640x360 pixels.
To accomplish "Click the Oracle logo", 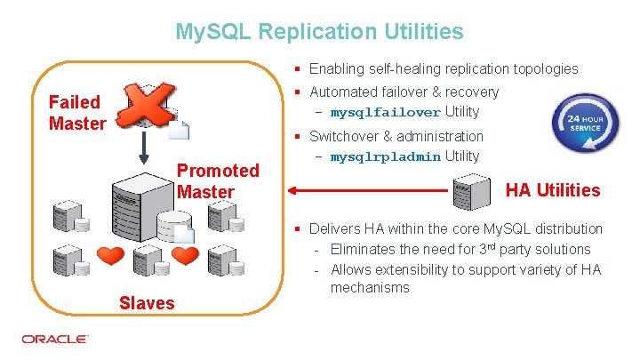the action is coord(55,340).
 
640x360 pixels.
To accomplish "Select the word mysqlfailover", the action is coord(385,113).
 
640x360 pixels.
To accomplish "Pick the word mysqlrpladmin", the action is coord(385,157).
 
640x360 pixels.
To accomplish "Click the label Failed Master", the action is coord(77,113).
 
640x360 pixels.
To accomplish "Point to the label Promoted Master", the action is coord(219,180).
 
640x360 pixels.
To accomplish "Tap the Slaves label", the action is coord(147,303).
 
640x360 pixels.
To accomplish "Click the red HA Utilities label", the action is coord(553,189).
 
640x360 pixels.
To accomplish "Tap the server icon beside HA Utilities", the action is coord(471,188).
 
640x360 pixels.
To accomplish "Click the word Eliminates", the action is coord(369,249).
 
